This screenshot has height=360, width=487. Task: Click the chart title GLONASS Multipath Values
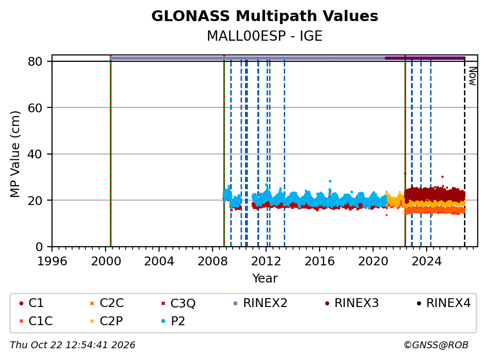click(265, 16)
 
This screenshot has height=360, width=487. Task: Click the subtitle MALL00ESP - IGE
click(265, 36)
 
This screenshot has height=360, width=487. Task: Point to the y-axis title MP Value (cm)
click(15, 154)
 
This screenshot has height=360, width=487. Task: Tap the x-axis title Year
click(265, 279)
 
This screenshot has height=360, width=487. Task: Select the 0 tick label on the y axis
click(39, 247)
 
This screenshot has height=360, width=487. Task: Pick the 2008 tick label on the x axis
click(213, 261)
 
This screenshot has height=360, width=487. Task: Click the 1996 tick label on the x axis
click(52, 261)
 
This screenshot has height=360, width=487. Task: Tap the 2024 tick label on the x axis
click(427, 261)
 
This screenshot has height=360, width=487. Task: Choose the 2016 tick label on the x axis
click(320, 261)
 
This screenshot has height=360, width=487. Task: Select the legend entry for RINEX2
click(260, 303)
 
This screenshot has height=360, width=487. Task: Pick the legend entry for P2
click(173, 321)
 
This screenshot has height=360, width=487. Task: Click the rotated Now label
click(473, 77)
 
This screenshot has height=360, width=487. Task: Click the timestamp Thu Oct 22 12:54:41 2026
click(73, 345)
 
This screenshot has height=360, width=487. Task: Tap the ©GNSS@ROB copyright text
click(436, 345)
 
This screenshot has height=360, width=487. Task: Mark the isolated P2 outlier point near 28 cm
click(330, 181)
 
